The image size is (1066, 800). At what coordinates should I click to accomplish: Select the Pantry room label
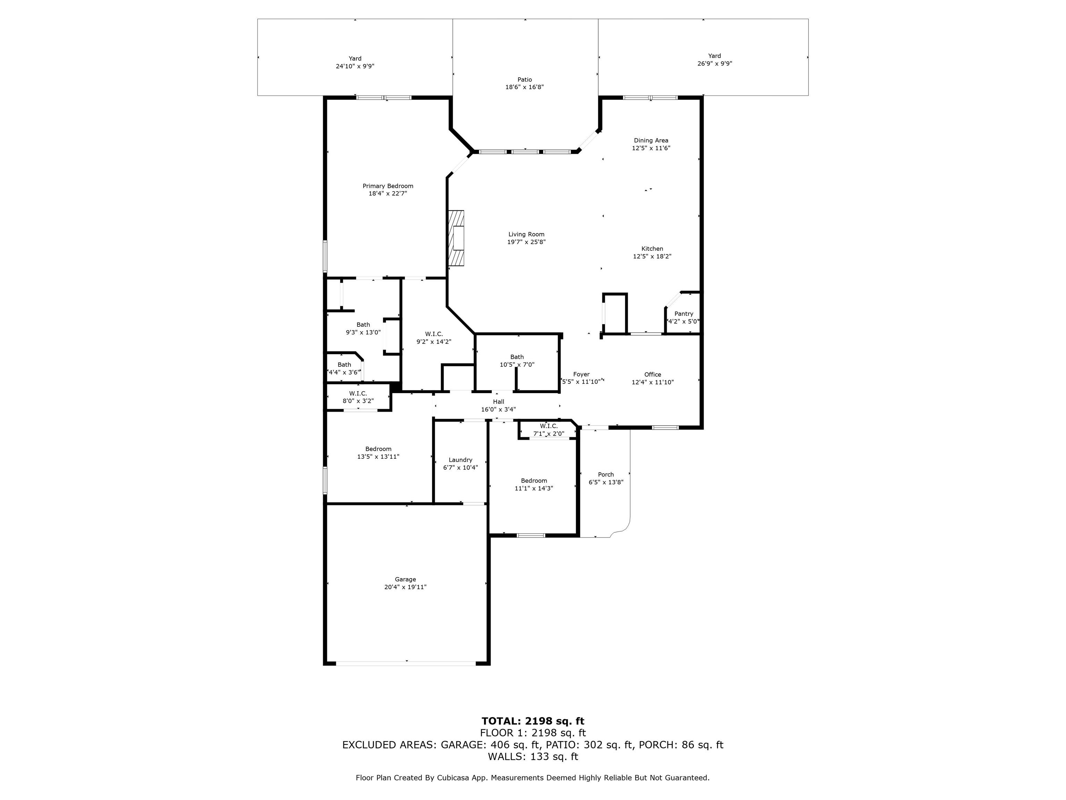tap(683, 314)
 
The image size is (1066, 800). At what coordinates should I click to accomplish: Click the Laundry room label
tap(460, 460)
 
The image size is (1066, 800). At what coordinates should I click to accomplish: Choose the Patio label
tap(524, 80)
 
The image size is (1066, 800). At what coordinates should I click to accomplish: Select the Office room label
tap(652, 375)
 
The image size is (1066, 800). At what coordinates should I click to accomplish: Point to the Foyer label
tap(581, 375)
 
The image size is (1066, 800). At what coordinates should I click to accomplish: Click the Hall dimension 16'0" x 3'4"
tap(498, 410)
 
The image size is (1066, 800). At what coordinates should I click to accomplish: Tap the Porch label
tap(606, 475)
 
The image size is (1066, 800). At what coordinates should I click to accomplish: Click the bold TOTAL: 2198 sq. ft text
tap(533, 721)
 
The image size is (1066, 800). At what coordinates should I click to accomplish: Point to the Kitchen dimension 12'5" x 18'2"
tap(652, 257)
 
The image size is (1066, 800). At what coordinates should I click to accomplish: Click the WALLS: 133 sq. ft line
tap(533, 757)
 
